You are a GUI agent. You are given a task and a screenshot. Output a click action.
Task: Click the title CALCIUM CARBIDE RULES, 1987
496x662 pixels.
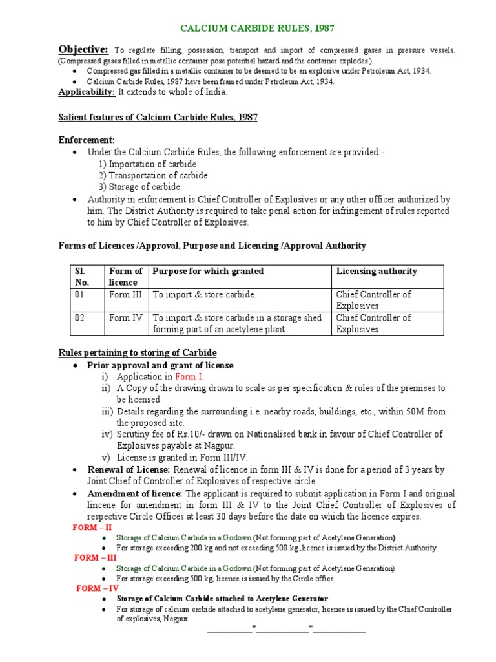click(x=257, y=28)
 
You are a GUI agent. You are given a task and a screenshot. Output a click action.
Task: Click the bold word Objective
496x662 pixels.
click(x=83, y=50)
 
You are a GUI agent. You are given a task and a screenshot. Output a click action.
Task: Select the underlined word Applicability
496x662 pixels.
click(x=87, y=92)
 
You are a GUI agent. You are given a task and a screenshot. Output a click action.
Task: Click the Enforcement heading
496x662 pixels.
click(x=87, y=140)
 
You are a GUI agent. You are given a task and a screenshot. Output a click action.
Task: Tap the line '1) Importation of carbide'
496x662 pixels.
click(x=147, y=164)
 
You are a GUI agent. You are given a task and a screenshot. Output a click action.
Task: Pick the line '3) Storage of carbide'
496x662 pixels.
click(x=139, y=187)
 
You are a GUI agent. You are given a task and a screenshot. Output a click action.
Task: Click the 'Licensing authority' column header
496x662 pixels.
click(x=377, y=272)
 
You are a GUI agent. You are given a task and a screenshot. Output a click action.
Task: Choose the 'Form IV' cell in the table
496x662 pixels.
click(x=125, y=318)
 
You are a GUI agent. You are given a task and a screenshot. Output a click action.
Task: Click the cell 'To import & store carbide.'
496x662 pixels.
click(x=204, y=295)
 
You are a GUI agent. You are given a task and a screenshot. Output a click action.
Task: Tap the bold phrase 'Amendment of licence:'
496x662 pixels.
click(x=135, y=493)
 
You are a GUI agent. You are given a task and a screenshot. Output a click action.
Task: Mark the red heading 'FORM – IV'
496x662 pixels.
click(x=98, y=588)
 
